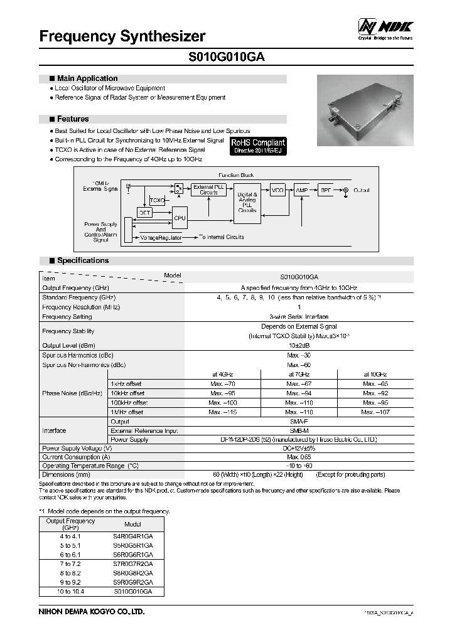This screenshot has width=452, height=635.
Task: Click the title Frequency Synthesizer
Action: tap(122, 36)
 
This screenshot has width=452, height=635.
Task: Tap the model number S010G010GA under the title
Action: tap(227, 57)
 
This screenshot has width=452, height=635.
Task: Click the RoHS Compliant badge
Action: tap(258, 146)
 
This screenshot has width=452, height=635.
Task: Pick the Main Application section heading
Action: tap(87, 79)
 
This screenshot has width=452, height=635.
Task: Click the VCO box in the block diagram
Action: tap(277, 189)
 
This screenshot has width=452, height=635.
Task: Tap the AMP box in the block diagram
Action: tap(303, 189)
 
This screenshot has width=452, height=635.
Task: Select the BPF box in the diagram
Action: tap(326, 189)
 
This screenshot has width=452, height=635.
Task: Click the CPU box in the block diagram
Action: tap(180, 218)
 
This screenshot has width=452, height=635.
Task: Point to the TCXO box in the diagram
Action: tap(157, 200)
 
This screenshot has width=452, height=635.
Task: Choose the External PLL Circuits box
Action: tap(208, 189)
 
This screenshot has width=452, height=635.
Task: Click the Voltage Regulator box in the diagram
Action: tap(161, 238)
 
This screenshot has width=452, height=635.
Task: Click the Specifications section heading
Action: tap(82, 260)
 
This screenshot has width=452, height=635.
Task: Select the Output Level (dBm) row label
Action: tap(68, 345)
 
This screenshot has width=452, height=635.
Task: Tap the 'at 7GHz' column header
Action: tap(299, 375)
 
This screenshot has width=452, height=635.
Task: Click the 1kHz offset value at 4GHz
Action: tap(223, 384)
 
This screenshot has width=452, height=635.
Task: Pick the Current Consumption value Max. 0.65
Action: tap(299, 457)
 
